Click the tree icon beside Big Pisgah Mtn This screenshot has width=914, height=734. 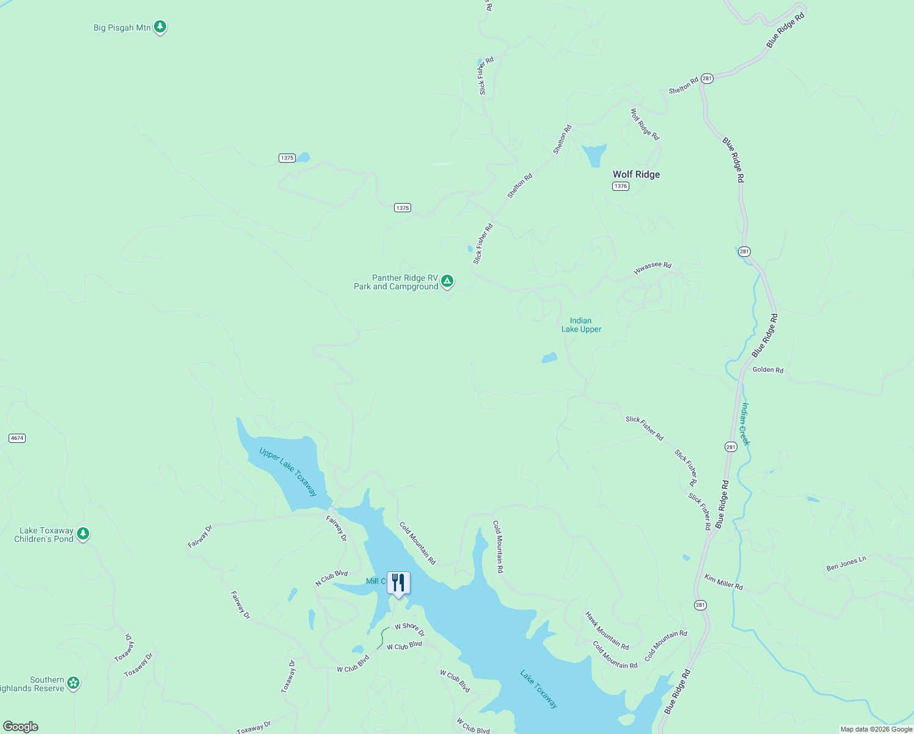click(x=160, y=27)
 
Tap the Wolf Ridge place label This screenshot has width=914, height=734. click(x=636, y=174)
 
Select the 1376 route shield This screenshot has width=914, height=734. click(x=620, y=186)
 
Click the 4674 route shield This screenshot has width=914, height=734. click(x=17, y=438)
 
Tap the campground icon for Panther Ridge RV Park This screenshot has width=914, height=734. click(x=447, y=281)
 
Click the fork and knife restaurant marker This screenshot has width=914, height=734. click(x=398, y=583)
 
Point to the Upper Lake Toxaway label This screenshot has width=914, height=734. click(x=288, y=472)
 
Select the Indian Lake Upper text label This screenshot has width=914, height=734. click(x=581, y=325)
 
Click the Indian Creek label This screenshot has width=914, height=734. click(x=745, y=424)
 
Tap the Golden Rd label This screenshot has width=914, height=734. click(x=767, y=369)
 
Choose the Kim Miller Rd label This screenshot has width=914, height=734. click(x=723, y=582)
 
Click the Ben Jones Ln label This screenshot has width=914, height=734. click(x=846, y=563)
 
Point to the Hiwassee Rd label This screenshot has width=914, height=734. click(x=653, y=269)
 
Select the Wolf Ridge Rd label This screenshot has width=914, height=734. click(x=645, y=124)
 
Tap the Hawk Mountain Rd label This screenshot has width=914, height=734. click(x=607, y=631)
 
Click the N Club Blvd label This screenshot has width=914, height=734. click(x=331, y=578)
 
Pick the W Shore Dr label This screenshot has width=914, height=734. click(x=409, y=629)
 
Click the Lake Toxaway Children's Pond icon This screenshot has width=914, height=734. click(x=84, y=534)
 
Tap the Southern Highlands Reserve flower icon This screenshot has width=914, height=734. click(x=73, y=683)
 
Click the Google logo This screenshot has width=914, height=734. click(x=20, y=727)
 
